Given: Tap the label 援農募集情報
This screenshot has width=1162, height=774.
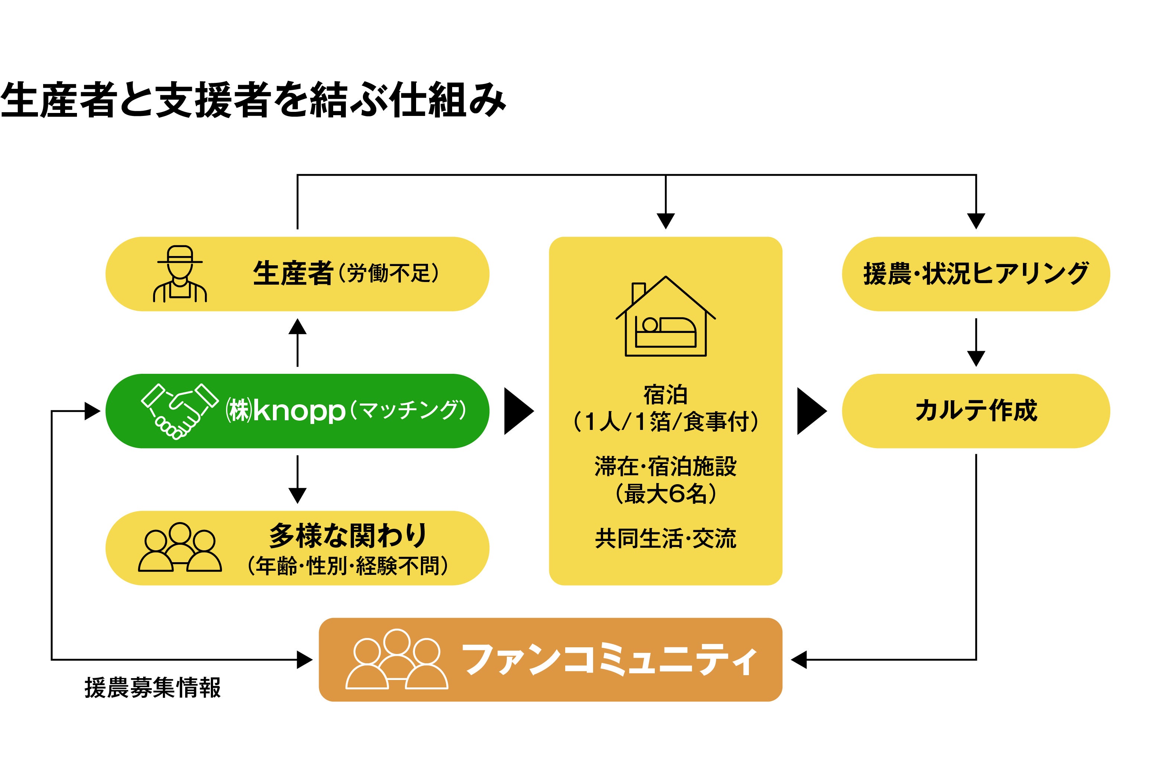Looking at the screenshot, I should pos(152,688).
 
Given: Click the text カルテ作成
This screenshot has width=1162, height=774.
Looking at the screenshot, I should pos(976,411).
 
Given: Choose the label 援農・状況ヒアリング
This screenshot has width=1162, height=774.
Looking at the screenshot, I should pos(976,273).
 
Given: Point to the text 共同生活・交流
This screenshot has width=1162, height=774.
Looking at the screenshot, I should pos(665,538).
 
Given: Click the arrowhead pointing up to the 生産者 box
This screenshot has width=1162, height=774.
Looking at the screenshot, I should pos(297,327).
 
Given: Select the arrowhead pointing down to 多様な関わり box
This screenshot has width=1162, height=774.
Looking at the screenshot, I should pos(297,495).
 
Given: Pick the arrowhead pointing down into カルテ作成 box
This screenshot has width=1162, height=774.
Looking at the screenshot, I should pos(976,358).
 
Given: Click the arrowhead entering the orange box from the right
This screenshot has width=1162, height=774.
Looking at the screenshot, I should pos(799,660).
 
